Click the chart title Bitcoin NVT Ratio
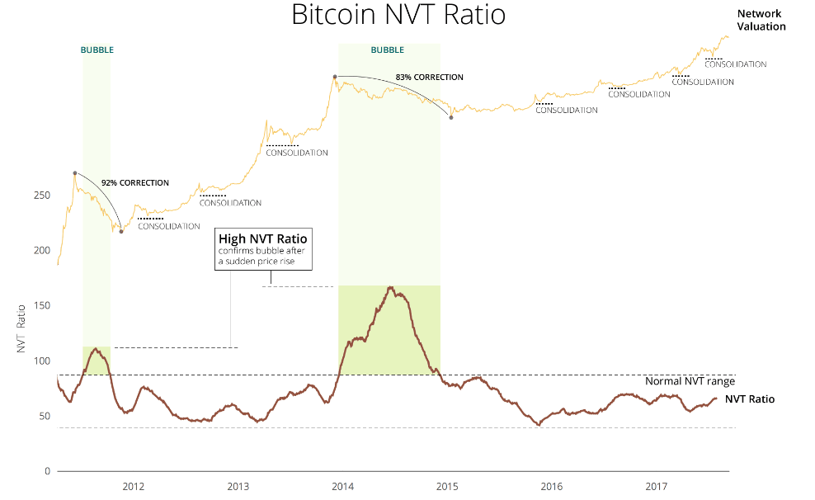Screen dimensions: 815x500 pyautogui.click(x=398, y=15)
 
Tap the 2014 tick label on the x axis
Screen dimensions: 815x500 pyautogui.click(x=342, y=487)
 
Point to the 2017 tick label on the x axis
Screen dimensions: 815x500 pyautogui.click(x=656, y=487)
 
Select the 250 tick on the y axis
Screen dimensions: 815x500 pyautogui.click(x=41, y=196)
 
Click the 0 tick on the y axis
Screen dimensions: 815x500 pyautogui.click(x=47, y=471)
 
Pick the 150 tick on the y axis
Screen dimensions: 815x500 pyautogui.click(x=41, y=305)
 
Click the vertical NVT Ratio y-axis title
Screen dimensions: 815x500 pyautogui.click(x=21, y=329)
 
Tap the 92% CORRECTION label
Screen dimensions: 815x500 pyautogui.click(x=135, y=183)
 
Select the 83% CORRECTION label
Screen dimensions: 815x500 pyautogui.click(x=429, y=78)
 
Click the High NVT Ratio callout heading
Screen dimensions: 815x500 pyautogui.click(x=263, y=239)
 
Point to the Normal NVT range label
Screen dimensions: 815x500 pyautogui.click(x=690, y=381)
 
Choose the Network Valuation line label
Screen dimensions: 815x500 pyautogui.click(x=761, y=21)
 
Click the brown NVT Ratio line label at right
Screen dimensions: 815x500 pyautogui.click(x=750, y=399)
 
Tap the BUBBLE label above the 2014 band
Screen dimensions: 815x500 pyautogui.click(x=387, y=50)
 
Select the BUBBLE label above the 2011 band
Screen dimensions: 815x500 pyautogui.click(x=97, y=50)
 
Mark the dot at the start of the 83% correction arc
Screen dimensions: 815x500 pyautogui.click(x=335, y=77)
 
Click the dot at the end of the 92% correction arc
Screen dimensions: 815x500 pyautogui.click(x=121, y=231)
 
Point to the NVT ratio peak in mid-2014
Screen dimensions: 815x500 pyautogui.click(x=390, y=287)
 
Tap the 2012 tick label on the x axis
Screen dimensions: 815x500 pyautogui.click(x=133, y=487)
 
